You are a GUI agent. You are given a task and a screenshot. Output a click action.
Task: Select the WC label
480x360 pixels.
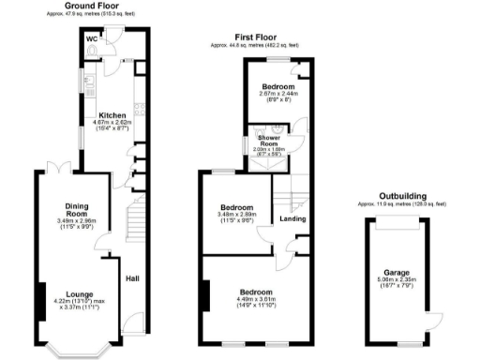click(92, 39)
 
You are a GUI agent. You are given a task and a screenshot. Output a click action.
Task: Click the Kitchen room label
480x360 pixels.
click(112, 116)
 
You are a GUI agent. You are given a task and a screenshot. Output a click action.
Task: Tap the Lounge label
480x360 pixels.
click(77, 293)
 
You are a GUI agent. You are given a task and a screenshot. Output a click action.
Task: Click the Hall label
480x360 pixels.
click(131, 277)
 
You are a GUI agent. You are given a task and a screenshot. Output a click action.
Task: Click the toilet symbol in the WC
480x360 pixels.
click(91, 52)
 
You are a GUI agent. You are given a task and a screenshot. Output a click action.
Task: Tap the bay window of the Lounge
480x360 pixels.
click(77, 351)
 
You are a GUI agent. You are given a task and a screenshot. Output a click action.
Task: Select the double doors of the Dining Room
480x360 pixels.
click(59, 168)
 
